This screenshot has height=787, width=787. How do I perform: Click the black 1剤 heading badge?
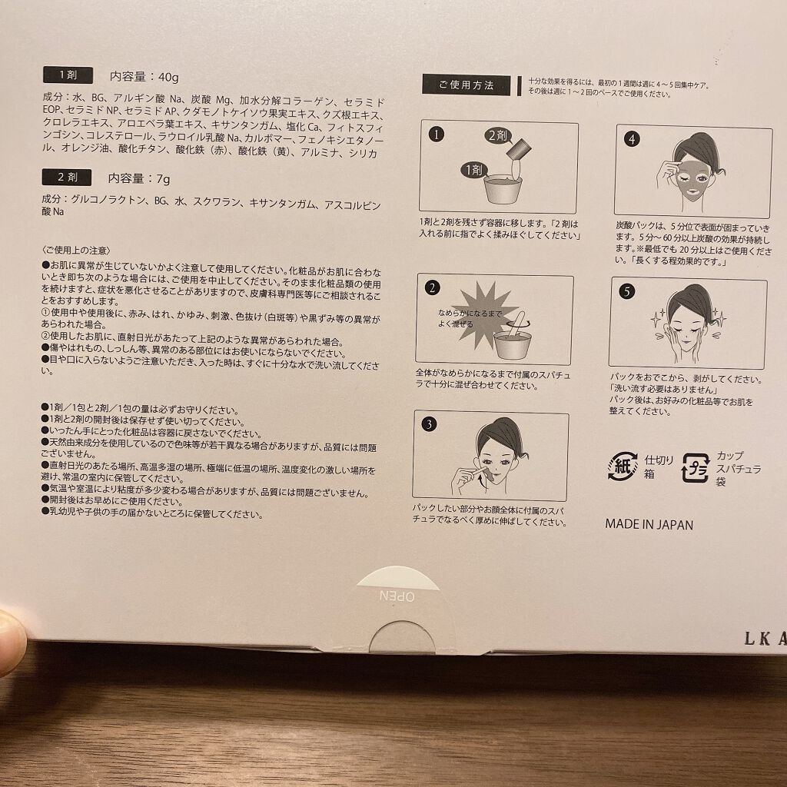pyautogui.click(x=68, y=75)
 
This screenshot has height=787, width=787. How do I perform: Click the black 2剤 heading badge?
pyautogui.click(x=68, y=178)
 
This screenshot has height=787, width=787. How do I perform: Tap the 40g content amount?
pyautogui.click(x=164, y=76)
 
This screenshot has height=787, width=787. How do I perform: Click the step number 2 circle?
pyautogui.click(x=433, y=288)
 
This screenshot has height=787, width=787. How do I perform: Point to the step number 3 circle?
pyautogui.click(x=429, y=424)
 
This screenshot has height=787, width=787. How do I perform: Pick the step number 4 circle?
pyautogui.click(x=632, y=139)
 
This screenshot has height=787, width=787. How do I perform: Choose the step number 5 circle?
pyautogui.click(x=627, y=292)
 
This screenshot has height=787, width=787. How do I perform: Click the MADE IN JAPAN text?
pyautogui.click(x=649, y=525)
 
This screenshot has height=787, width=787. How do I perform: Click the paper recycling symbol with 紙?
pyautogui.click(x=622, y=467)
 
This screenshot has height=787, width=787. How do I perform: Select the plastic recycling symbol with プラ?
pyautogui.click(x=696, y=467)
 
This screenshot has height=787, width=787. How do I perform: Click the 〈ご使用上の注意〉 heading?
pyautogui.click(x=77, y=250)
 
